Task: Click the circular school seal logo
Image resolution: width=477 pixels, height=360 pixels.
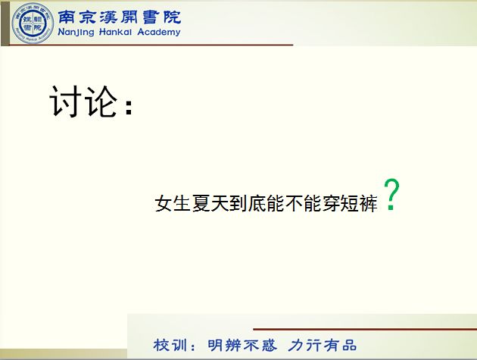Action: coord(33,23)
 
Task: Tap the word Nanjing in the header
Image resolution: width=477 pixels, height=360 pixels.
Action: coord(76,32)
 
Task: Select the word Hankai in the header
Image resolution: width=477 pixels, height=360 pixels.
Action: coord(115,31)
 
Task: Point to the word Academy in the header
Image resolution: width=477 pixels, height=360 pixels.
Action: coord(159,32)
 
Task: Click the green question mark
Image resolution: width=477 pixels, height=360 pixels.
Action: coord(391,194)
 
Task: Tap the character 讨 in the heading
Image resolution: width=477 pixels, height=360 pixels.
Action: coord(66,101)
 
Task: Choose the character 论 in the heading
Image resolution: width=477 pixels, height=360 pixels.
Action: coord(101,101)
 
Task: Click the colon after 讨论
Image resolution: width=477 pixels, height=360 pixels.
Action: coord(129,107)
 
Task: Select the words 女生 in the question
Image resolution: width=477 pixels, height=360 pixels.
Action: coord(173,203)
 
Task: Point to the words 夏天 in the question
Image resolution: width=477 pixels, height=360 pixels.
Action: coord(210,203)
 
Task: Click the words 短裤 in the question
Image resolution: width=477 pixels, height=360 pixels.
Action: coord(359,203)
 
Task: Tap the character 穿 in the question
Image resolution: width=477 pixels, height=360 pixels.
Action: coord(331,203)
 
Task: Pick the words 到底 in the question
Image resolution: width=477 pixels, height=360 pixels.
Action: coord(248,203)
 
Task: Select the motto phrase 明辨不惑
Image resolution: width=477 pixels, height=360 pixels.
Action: coord(242,346)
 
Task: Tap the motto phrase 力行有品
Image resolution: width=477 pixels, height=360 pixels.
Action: coord(322,346)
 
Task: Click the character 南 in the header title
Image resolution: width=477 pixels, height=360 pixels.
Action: coord(67,17)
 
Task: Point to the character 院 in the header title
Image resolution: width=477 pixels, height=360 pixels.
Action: coord(172,17)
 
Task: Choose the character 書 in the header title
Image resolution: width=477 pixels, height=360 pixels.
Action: coord(151,17)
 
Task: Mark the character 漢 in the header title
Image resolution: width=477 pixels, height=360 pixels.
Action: coord(108,17)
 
